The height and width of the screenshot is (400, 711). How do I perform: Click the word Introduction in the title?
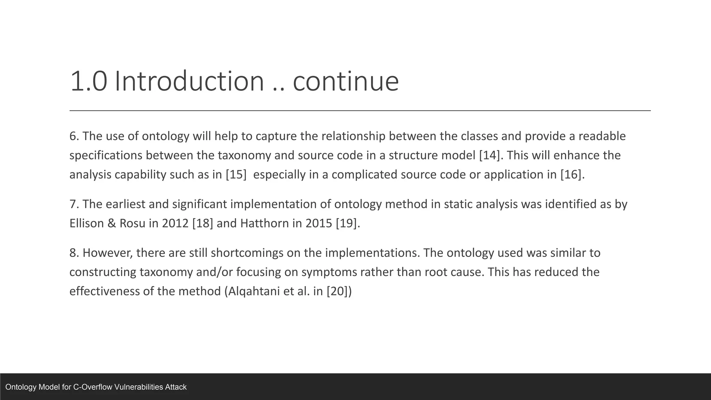point(189,81)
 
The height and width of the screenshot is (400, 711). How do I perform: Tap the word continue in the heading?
point(346,81)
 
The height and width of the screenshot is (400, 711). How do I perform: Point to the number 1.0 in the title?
point(89,81)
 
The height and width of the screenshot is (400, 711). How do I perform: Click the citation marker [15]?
point(236,174)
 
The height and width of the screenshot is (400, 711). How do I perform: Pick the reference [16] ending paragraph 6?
point(571,174)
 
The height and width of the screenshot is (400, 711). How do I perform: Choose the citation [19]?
point(346,223)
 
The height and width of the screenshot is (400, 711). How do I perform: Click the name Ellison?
point(87,223)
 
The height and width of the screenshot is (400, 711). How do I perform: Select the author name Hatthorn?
point(265,223)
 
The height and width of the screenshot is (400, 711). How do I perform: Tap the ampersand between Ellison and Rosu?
point(112,223)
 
